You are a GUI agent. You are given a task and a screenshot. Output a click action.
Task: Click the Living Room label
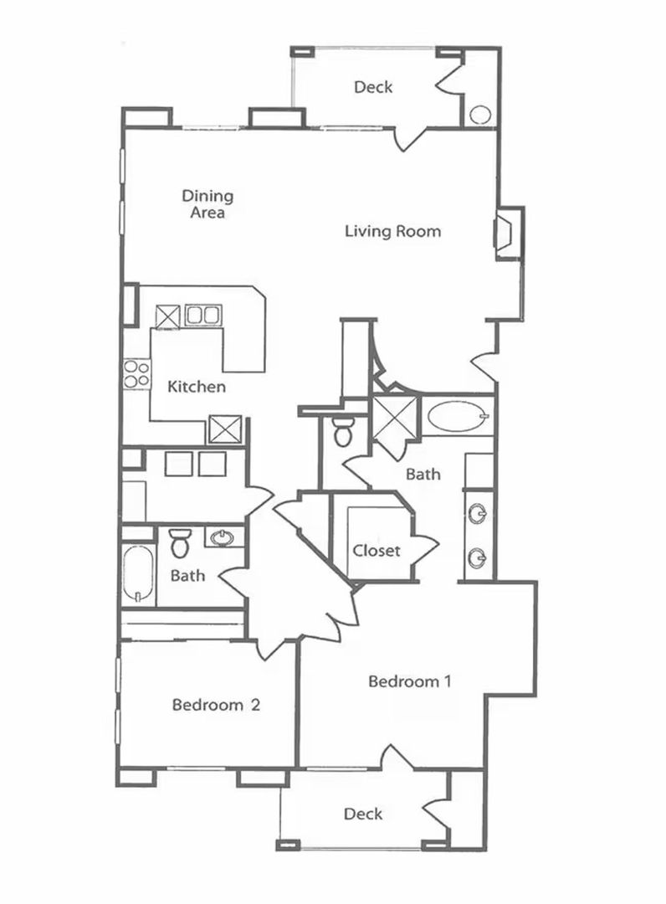coord(393,231)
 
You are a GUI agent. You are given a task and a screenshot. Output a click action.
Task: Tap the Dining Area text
coord(207,204)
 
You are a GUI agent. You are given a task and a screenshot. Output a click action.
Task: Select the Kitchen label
coord(197,386)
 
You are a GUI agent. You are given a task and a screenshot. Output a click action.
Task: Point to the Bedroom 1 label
coord(410,681)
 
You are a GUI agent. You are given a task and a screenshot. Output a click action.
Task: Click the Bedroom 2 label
coord(216,705)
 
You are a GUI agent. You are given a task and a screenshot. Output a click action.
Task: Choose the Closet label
coord(377,551)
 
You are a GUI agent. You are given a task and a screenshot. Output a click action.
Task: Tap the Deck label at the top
coord(373,87)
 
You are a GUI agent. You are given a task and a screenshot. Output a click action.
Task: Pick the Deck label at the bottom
coord(363,814)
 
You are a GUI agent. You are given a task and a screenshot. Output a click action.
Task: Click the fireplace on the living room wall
coord(509,233)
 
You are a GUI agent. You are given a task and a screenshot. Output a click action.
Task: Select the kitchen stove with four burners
coord(136,373)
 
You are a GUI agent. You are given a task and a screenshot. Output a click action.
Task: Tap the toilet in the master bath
coord(343,431)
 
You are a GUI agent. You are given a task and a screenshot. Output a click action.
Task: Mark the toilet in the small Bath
coord(180,544)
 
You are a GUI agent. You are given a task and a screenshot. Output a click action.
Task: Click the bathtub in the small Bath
coord(138,573)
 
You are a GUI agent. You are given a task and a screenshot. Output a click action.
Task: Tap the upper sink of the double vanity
coord(477,513)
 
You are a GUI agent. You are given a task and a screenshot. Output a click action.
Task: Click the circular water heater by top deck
coord(480,115)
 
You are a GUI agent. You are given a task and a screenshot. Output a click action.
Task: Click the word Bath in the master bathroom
coord(423,474)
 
